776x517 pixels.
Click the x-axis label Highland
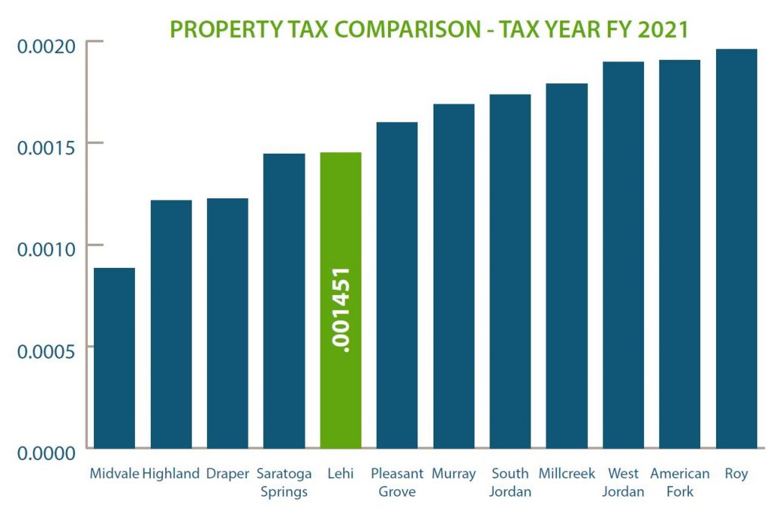171,475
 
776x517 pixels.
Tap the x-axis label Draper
227,475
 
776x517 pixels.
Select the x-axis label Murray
453,475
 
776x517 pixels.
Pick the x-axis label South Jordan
510,483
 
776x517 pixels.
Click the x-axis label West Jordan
623,483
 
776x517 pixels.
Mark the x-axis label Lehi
341,475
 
